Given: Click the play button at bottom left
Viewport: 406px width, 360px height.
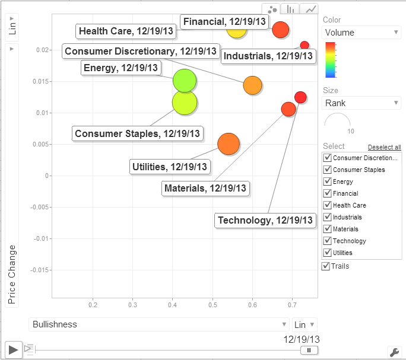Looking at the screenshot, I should click(13, 349).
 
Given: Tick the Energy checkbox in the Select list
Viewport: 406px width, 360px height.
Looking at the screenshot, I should click(327, 181).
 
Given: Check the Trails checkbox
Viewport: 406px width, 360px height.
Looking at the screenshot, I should click(326, 266).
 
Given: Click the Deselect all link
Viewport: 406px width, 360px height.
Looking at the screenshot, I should click(384, 147).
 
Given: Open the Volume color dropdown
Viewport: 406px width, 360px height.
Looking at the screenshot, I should click(361, 33).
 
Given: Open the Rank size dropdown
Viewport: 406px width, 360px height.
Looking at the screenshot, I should click(361, 103).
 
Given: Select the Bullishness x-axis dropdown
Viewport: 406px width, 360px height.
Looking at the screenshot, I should click(158, 324).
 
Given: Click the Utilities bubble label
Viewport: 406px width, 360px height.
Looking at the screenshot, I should click(170, 167).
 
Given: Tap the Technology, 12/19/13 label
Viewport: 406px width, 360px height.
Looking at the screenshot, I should click(265, 221).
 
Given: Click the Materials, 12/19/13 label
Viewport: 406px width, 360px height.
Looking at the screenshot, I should click(207, 189).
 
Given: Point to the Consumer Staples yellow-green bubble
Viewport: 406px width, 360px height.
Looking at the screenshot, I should click(185, 102).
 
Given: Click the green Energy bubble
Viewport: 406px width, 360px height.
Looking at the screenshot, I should click(185, 80).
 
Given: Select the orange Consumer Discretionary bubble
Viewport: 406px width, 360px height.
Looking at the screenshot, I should click(252, 85).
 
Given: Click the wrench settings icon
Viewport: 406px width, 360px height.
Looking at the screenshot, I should click(394, 351).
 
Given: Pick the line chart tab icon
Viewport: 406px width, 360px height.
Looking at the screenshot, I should click(311, 9).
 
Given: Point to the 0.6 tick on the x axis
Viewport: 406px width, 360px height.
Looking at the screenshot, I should click(252, 305).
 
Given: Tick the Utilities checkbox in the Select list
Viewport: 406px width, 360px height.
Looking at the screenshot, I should click(327, 253).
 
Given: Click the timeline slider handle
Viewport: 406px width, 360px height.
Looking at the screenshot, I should click(309, 350).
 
